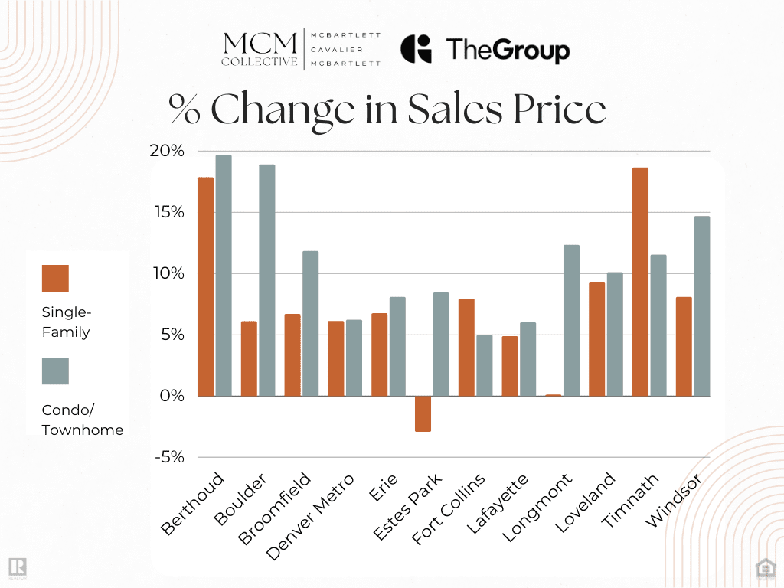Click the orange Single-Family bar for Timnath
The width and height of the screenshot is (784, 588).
[640, 282]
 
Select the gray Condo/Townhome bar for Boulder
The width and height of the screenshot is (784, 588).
[266, 280]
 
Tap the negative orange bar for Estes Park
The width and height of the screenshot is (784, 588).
[423, 413]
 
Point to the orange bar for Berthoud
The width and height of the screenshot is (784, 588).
[205, 286]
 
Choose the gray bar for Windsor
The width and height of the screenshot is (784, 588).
[701, 306]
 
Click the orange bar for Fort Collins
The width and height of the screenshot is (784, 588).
[466, 347]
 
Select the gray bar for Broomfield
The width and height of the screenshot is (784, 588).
[310, 323]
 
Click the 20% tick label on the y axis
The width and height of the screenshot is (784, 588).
[167, 151]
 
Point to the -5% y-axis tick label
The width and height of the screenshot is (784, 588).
[168, 457]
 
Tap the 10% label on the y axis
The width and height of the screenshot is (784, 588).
[167, 273]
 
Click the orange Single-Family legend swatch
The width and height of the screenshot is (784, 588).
[55, 278]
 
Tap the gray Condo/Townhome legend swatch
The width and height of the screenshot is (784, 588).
[55, 371]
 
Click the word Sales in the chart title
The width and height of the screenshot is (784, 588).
[462, 110]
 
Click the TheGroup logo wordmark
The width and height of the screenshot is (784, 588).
[508, 51]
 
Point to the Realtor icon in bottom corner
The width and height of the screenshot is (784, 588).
[17, 567]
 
